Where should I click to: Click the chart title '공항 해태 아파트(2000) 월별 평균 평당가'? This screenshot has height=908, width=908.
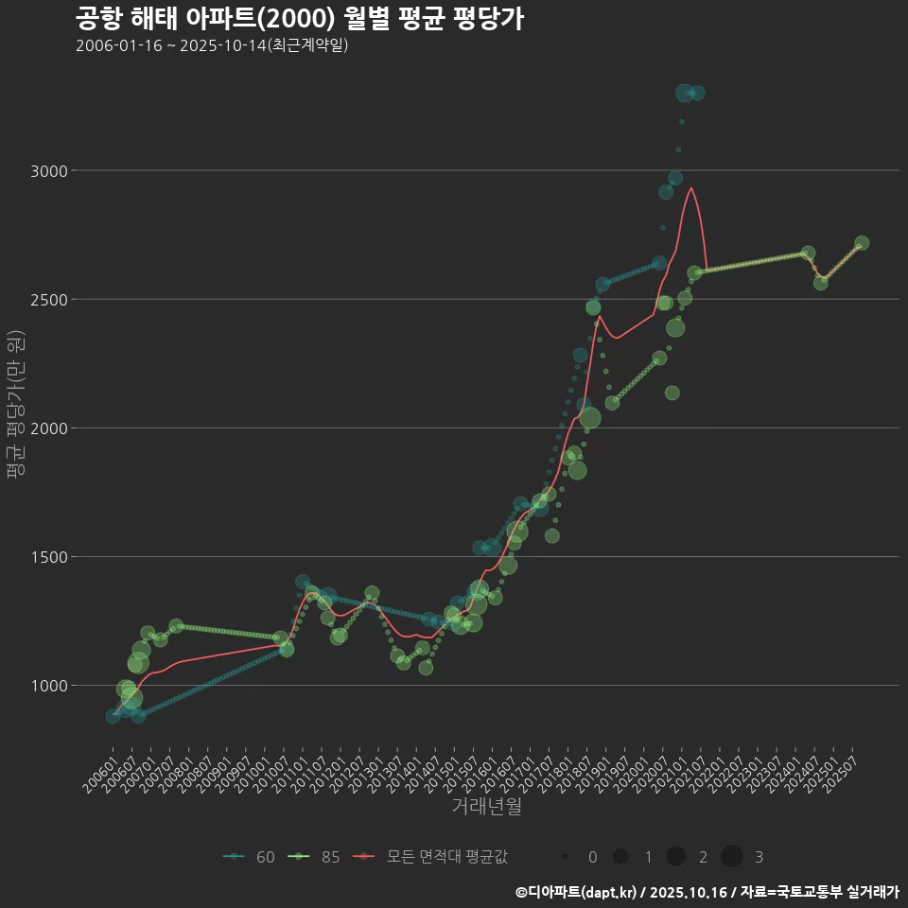[299, 19]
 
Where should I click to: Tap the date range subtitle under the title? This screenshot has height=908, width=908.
[212, 45]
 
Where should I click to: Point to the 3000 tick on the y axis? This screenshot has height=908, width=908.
[48, 171]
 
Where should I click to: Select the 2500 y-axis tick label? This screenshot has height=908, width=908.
[48, 300]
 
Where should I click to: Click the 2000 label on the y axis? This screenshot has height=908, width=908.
[48, 428]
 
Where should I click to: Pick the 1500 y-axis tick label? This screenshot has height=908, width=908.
[48, 557]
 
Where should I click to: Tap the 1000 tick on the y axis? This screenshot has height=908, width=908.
[48, 686]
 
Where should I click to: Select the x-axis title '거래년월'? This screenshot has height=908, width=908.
[487, 806]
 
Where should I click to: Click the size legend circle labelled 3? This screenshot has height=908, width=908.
[732, 857]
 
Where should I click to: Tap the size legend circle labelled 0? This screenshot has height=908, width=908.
[565, 857]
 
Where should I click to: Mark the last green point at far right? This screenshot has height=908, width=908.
[862, 243]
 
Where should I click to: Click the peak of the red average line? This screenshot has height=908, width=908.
[691, 188]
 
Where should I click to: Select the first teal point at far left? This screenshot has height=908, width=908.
[113, 716]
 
